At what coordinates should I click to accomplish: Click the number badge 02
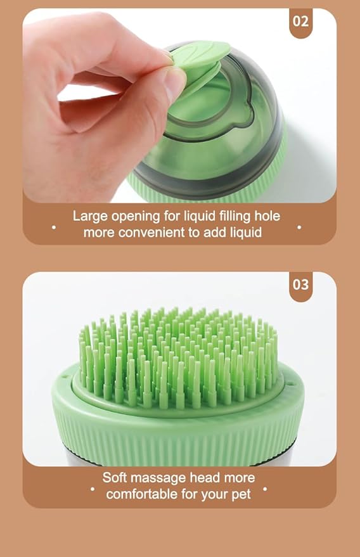tap(301, 21)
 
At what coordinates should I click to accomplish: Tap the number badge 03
tap(301, 285)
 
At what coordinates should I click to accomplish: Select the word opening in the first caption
tap(137, 216)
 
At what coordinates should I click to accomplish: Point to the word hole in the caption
tap(266, 216)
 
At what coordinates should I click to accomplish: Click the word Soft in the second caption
tap(115, 478)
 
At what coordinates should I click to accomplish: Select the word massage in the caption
tap(160, 478)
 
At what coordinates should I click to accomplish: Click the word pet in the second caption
tap(241, 494)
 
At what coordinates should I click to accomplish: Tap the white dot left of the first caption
tap(54, 226)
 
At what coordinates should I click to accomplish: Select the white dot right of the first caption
tap(299, 226)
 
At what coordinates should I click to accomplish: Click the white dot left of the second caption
tap(93, 489)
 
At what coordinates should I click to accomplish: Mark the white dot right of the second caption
tap(265, 489)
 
